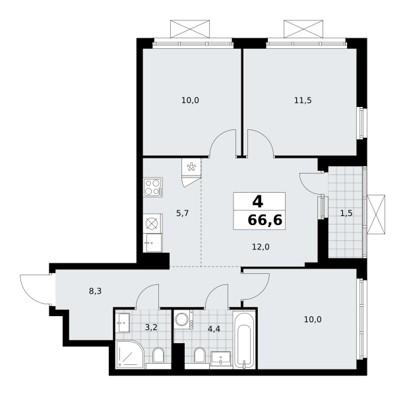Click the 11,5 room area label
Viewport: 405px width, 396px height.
303,100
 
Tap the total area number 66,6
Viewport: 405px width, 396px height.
265,220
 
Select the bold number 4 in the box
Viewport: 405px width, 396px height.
258,202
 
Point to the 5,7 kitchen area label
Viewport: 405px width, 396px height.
182,213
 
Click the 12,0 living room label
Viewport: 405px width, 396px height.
261,247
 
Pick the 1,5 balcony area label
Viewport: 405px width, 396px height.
346,213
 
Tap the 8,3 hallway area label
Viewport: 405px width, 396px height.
95,291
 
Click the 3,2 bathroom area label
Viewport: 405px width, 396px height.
151,327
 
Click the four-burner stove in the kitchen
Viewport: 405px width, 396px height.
153,187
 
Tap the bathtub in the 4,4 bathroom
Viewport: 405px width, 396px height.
244,340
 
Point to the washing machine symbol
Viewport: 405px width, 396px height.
183,319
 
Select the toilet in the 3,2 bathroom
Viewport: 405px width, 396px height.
158,356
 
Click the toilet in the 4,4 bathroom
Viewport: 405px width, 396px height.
200,356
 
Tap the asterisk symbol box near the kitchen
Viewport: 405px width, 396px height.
191,167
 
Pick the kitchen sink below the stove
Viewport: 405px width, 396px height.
152,243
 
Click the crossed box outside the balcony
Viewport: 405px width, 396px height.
376,214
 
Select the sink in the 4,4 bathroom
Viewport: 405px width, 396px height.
220,358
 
